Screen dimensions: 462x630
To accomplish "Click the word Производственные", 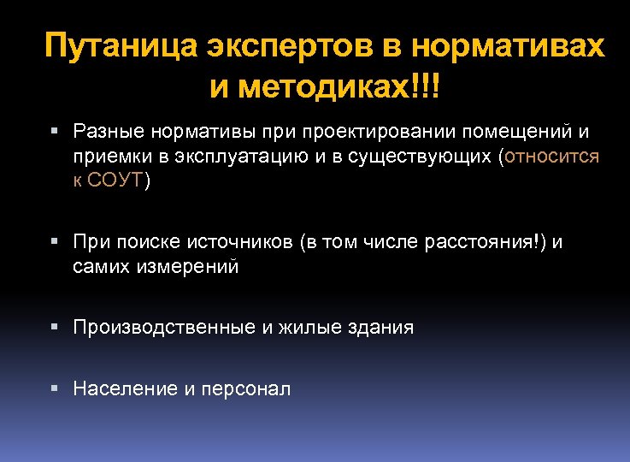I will [x=163, y=327].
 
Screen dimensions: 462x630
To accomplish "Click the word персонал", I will [x=247, y=389].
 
